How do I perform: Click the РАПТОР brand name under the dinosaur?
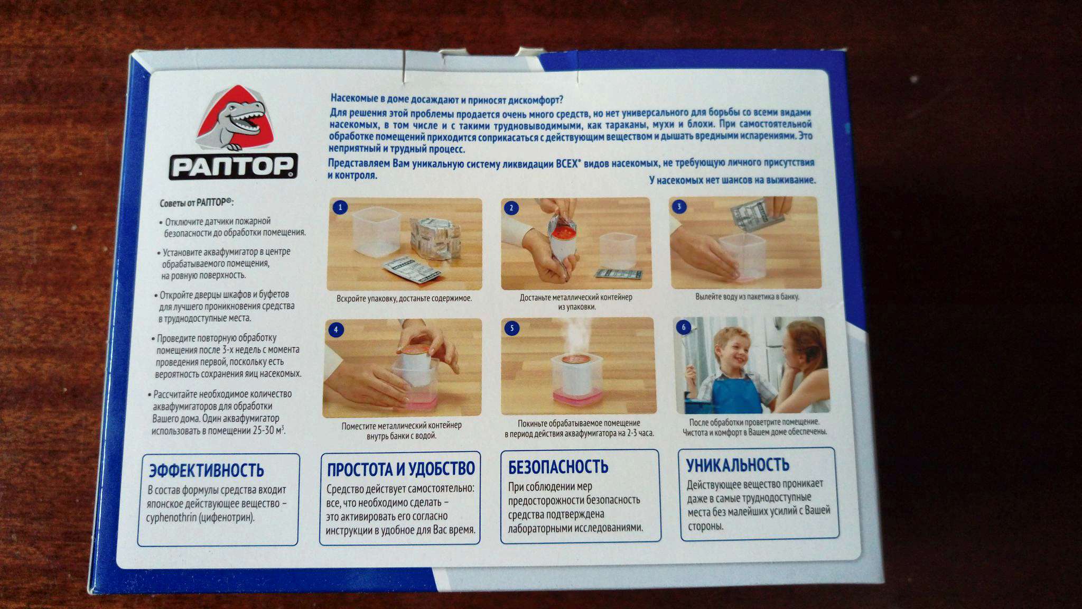coord(233,167)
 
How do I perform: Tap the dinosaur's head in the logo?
coord(241,114)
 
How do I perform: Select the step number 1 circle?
coord(340,207)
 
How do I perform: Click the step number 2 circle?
coord(511,208)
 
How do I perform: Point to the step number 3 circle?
coord(679,206)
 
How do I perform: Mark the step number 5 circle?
coord(511,328)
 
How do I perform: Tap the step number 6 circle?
coord(684,327)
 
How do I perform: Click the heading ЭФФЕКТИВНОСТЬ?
coord(206,470)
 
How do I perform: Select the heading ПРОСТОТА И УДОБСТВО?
coord(401,468)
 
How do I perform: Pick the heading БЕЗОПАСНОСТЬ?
coord(558,466)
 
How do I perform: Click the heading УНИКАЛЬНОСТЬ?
coord(738,465)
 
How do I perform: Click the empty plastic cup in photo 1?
coord(376,232)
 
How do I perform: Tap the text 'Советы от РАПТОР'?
coord(197,202)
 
